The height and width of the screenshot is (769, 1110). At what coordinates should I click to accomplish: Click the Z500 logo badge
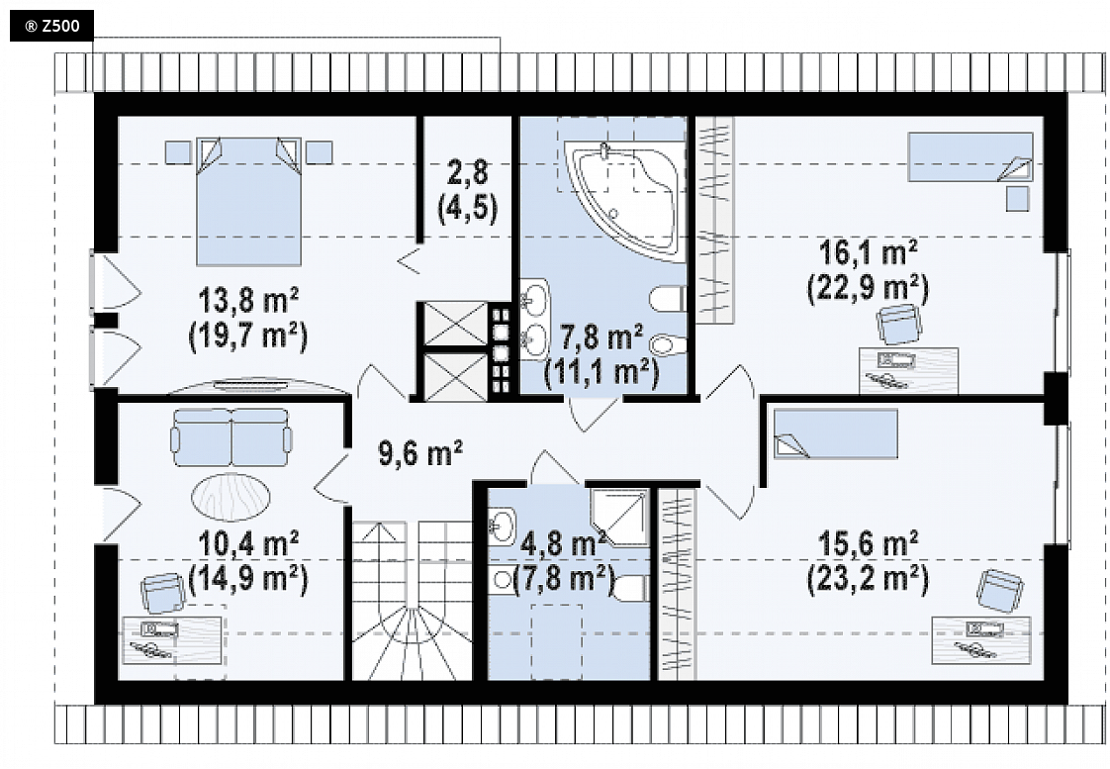click(51, 27)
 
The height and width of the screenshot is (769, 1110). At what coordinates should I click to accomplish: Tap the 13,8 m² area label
click(247, 300)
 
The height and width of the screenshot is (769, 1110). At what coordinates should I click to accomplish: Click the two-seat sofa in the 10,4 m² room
click(231, 436)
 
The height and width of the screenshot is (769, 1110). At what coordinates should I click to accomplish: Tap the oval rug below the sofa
click(231, 497)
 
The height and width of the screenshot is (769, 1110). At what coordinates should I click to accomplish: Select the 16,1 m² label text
click(869, 252)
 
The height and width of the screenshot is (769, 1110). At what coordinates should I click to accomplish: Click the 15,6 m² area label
click(869, 543)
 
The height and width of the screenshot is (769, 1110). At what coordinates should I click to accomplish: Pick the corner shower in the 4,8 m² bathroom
click(618, 517)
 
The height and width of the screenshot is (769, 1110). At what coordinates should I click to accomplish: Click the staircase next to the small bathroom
click(412, 601)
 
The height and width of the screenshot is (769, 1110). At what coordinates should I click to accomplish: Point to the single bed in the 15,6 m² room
click(835, 433)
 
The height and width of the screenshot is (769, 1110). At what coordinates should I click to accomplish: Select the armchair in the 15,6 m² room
click(1000, 591)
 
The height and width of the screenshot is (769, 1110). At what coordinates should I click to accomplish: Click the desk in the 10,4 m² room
click(173, 639)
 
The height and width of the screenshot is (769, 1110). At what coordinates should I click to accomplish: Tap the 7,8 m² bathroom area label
click(601, 336)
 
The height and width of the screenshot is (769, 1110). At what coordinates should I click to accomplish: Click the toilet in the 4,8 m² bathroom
click(630, 589)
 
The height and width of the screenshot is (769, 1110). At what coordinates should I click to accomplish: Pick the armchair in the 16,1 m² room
click(899, 324)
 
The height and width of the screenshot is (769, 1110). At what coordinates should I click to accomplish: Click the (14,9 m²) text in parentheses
click(248, 579)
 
